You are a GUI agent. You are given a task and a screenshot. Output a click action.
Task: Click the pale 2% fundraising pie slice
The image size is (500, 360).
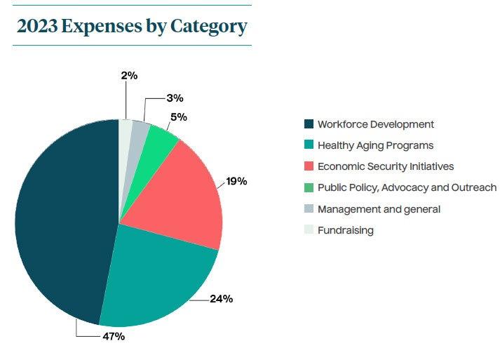(125, 130)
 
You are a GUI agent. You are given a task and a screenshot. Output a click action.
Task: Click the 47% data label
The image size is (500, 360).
(114, 336)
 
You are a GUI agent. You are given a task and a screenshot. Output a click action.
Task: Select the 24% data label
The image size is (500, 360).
(222, 299)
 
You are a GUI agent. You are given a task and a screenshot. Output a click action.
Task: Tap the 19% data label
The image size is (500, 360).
(236, 181)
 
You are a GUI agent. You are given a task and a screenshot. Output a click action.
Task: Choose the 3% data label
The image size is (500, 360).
(175, 98)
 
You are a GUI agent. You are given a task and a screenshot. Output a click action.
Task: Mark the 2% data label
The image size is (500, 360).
(129, 75)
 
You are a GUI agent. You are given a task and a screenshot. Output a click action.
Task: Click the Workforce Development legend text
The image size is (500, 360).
(375, 124)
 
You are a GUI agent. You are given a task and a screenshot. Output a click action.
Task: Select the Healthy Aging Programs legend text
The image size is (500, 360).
(375, 145)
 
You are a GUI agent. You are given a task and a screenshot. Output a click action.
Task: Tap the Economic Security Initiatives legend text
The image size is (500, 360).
(385, 166)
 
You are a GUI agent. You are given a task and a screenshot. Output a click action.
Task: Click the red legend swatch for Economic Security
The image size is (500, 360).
(309, 166)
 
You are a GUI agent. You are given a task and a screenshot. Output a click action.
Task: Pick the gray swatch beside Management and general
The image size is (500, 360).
(309, 209)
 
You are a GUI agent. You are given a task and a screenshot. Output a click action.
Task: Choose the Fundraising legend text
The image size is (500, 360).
(345, 230)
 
